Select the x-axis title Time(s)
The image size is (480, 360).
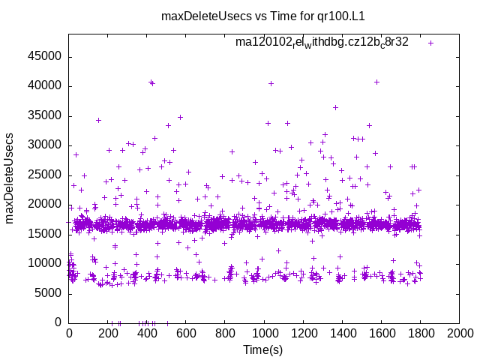tap(262, 349)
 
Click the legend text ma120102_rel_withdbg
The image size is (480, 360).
tap(322, 42)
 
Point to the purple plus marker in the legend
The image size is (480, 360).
tap(430, 43)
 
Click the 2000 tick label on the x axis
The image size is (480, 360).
tap(459, 334)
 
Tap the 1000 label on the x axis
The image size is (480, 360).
tap(264, 334)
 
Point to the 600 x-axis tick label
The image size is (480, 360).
tap(186, 334)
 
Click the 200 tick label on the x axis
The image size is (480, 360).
tap(108, 334)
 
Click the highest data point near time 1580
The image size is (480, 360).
tap(376, 82)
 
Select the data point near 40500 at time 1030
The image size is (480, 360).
tap(271, 83)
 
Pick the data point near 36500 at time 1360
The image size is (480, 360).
tap(335, 107)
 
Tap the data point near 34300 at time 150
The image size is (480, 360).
tap(98, 120)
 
